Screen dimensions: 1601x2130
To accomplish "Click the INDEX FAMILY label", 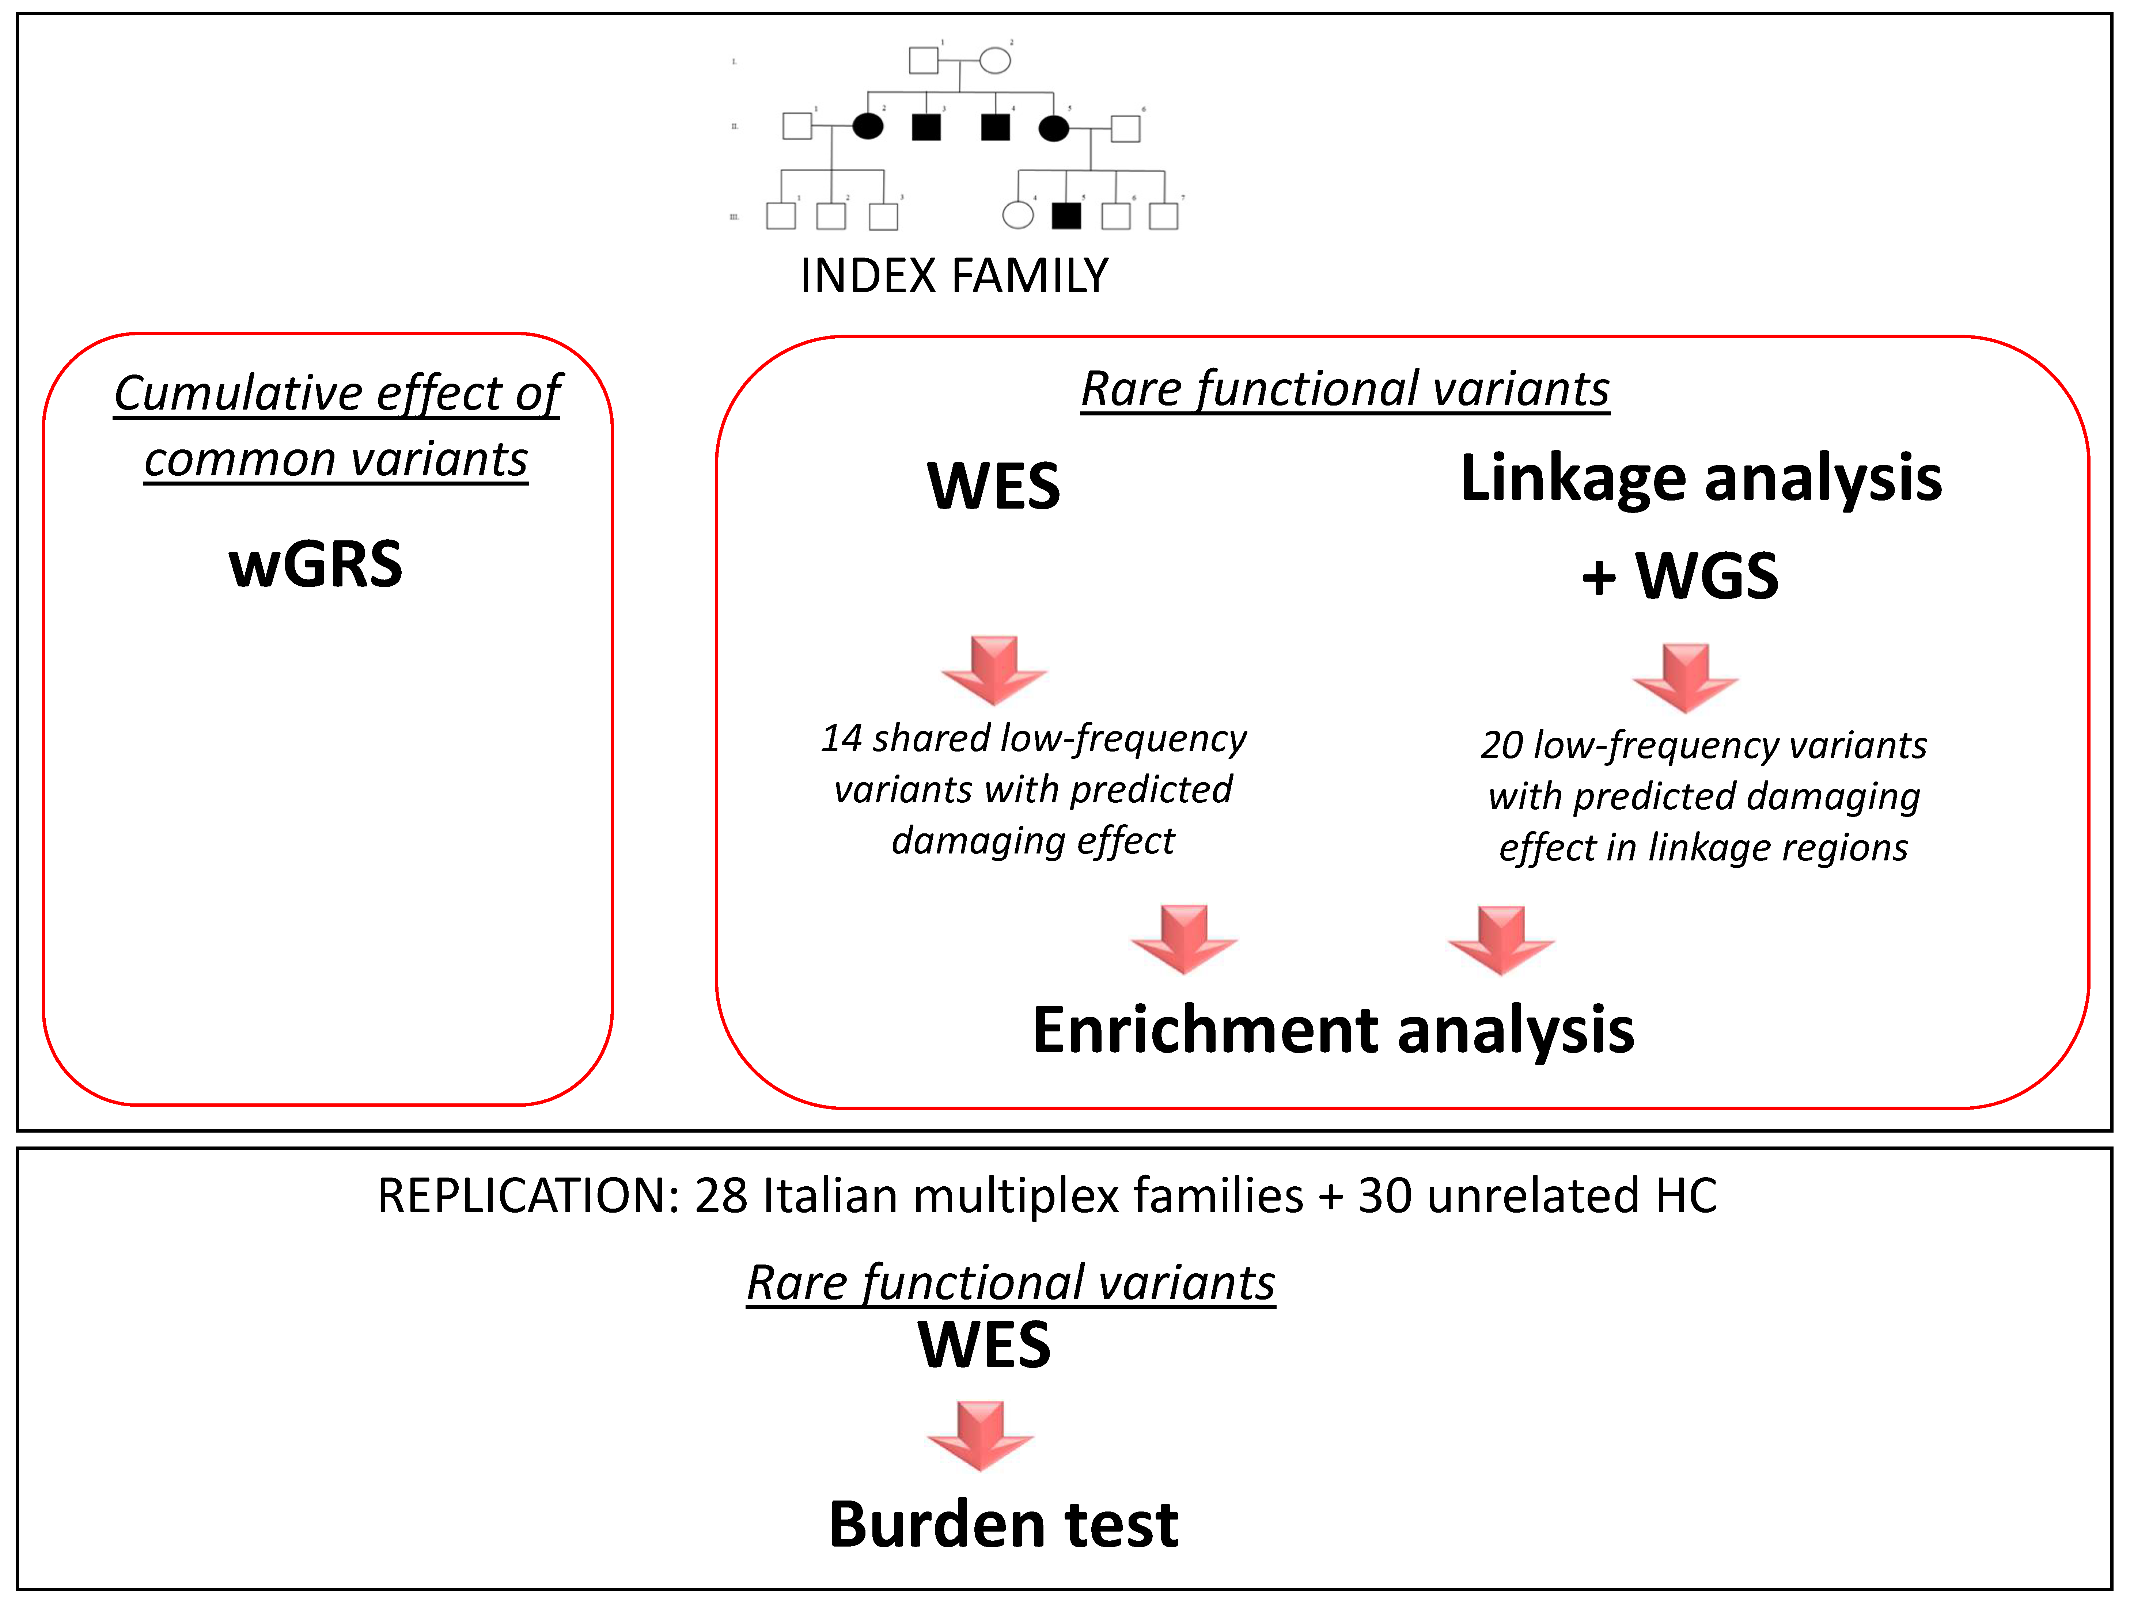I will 953,276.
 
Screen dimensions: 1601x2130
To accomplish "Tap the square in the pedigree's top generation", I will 924,61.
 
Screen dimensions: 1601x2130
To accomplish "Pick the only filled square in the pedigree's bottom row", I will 1066,216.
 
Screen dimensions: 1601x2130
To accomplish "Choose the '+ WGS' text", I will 1680,576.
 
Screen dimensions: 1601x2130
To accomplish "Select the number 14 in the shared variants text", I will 842,738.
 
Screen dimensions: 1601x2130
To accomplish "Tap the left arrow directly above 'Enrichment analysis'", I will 1183,939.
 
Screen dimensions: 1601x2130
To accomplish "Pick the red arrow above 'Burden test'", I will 980,1434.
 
